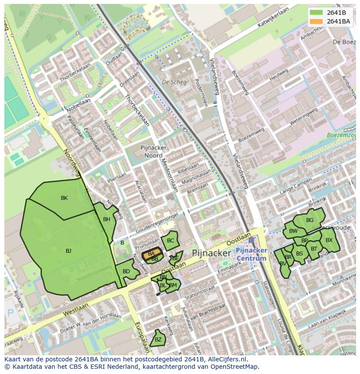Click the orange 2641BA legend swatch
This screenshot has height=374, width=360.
(x=316, y=22)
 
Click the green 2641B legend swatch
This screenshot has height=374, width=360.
(x=316, y=13)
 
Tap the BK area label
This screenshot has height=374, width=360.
(x=64, y=198)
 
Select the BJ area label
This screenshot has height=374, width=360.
(x=68, y=251)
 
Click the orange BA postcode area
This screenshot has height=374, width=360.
(x=151, y=254)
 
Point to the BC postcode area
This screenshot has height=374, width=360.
(x=170, y=241)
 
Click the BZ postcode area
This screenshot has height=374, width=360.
(x=158, y=340)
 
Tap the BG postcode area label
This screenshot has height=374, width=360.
(x=310, y=220)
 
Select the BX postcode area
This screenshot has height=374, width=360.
(x=329, y=240)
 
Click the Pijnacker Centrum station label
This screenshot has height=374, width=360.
(x=251, y=255)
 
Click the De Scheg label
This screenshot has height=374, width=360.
(x=174, y=82)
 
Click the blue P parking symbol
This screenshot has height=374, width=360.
(x=11, y=313)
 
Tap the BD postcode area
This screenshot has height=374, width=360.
(x=126, y=272)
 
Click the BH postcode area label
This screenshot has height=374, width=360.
(x=107, y=220)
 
